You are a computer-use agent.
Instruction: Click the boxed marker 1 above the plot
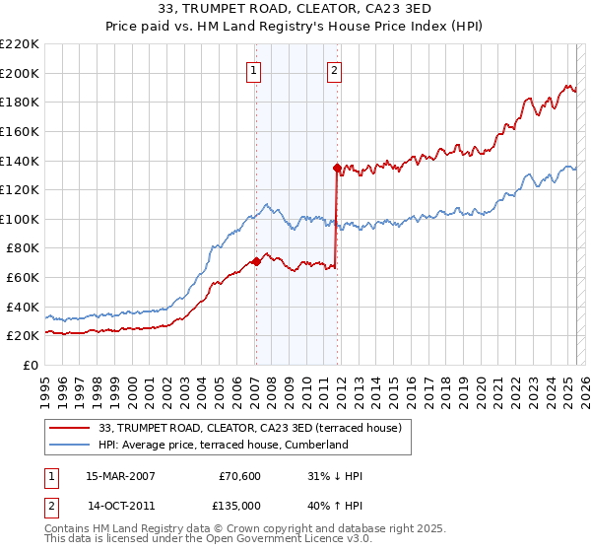[x=254, y=70]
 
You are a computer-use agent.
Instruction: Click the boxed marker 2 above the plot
[x=335, y=70]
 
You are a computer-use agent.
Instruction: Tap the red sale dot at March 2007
[x=256, y=261]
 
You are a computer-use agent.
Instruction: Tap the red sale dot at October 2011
[x=337, y=168]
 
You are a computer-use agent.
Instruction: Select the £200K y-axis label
[x=20, y=73]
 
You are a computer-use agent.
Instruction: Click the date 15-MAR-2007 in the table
[x=121, y=476]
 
